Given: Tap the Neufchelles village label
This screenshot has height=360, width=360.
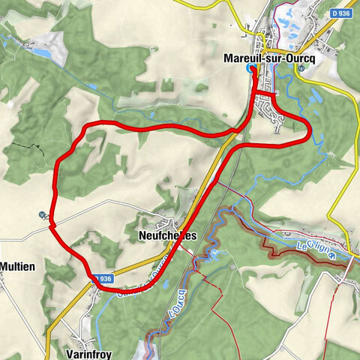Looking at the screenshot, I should (x=168, y=235).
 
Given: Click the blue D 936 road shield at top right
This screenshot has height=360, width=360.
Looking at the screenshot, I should (x=340, y=14).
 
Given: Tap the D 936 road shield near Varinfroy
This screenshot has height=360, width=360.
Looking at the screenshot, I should (x=104, y=278).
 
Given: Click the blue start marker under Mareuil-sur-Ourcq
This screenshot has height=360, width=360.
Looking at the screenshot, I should (x=250, y=69).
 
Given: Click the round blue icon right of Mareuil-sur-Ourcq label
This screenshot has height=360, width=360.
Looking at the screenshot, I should (x=301, y=68).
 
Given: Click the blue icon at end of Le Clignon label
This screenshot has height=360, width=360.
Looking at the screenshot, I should (x=331, y=253).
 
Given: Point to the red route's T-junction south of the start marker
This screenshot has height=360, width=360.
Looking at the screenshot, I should (x=254, y=91).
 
